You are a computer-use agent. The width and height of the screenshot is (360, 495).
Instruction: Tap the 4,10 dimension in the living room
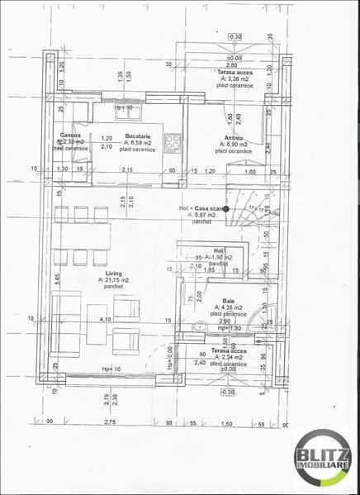click(x=105, y=318)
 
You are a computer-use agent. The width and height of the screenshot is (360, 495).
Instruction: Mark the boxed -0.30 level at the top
click(x=234, y=36)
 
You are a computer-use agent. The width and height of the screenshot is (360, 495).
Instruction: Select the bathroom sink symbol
click(x=198, y=328)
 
